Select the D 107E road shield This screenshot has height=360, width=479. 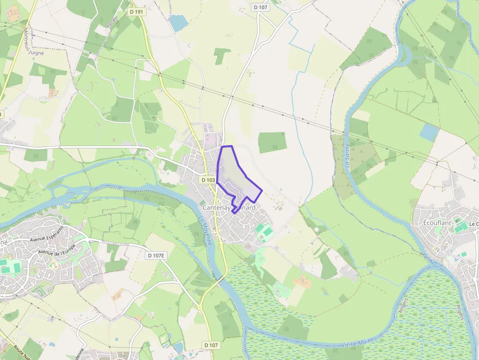tap(156, 255)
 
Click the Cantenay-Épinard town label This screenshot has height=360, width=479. tap(229, 208)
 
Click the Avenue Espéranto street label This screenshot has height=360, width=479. tap(47, 234)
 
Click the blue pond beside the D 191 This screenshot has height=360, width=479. tap(178, 22)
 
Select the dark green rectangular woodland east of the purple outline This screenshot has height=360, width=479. tap(272, 142)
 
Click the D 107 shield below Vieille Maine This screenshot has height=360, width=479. tap(211, 345)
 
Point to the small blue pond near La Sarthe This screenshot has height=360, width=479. tap(429, 132)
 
